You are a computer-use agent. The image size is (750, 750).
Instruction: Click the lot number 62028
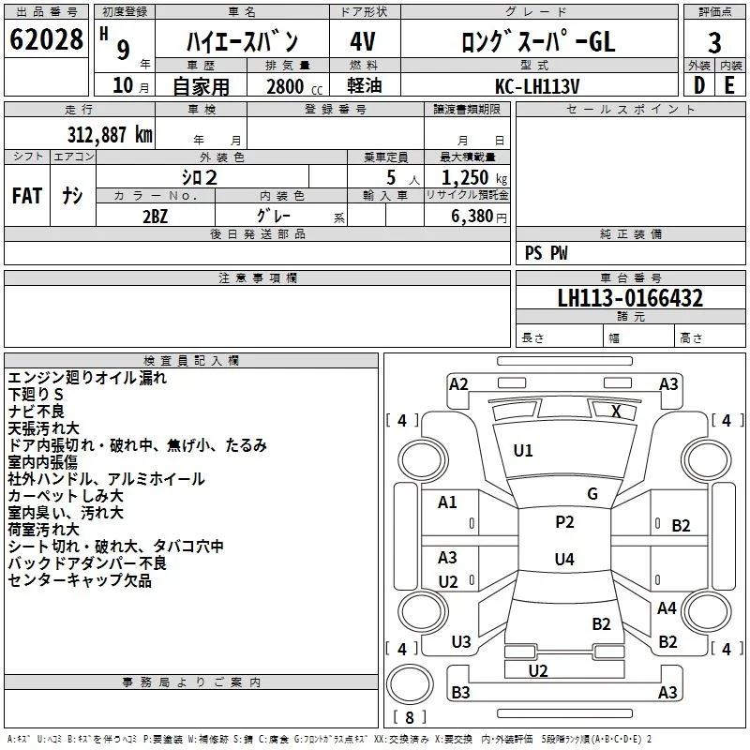[x=46, y=39]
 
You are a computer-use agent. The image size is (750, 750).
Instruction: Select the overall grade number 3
[x=714, y=43]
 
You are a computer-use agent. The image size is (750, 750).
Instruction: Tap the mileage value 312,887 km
[x=110, y=134]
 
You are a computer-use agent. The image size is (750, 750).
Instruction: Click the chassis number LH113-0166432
[x=630, y=298]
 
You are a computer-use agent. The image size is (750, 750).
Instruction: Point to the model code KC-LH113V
[x=537, y=86]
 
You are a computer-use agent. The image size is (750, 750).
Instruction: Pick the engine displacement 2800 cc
[x=294, y=86]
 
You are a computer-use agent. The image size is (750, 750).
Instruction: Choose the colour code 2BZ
[x=156, y=217]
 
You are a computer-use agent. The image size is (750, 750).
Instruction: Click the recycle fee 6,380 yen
[x=479, y=217]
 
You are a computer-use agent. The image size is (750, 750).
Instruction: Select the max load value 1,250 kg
[x=474, y=178]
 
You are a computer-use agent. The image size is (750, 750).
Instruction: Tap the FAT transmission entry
[x=27, y=196]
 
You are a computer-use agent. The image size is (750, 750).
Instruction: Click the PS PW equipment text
[x=546, y=252]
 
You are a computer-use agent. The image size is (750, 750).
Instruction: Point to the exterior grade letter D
[x=699, y=85]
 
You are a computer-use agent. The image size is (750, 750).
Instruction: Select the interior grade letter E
[x=729, y=85]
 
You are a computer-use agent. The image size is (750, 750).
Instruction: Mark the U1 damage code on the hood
[x=523, y=451]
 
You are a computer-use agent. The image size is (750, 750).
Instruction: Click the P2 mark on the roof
[x=564, y=522]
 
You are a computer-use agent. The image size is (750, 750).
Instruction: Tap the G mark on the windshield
[x=592, y=494]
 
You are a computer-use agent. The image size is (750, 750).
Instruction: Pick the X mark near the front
[x=617, y=412]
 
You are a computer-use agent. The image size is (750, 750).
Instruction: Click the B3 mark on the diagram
[x=460, y=692]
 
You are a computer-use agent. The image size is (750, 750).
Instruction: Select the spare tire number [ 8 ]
[x=410, y=717]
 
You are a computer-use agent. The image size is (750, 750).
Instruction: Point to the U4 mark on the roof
[x=564, y=559]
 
